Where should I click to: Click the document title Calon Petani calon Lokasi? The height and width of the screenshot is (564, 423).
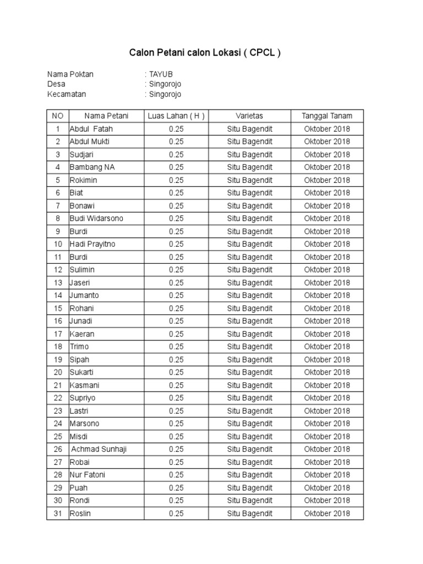point(205,53)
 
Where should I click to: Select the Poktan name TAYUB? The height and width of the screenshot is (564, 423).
point(162,74)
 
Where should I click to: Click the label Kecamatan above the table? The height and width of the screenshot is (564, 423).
point(67,94)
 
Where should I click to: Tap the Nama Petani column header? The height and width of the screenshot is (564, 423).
point(106,116)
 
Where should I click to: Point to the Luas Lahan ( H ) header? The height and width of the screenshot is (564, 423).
point(176,116)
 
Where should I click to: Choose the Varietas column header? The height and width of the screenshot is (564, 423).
point(250,116)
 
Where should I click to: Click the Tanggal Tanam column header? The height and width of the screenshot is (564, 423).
point(327,116)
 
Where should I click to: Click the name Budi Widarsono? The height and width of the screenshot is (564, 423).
point(96,219)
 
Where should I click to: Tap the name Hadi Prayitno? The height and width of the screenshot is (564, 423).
point(93,244)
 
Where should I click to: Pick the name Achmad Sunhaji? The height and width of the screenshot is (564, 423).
point(99,449)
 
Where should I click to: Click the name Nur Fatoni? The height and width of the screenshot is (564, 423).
point(88,475)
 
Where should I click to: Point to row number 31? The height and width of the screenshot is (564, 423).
point(57,513)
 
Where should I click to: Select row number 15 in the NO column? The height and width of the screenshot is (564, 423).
point(57,308)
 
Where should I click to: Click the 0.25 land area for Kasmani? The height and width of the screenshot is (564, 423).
point(176,385)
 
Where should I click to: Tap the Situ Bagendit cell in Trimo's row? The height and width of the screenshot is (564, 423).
point(250,346)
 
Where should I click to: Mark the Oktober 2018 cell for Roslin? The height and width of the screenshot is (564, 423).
point(327,513)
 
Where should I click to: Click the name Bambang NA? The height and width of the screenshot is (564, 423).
point(93,167)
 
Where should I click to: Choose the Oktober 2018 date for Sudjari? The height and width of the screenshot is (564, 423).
point(327,154)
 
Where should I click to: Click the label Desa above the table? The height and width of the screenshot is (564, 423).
point(56,84)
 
